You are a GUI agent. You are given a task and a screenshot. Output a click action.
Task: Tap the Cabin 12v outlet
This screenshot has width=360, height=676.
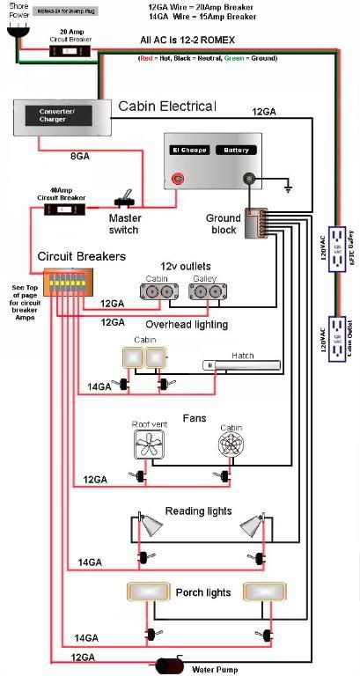(x=158, y=291)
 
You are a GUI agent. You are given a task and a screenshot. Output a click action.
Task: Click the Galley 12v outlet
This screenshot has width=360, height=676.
(x=205, y=291)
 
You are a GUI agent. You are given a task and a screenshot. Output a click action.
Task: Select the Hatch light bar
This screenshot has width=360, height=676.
(x=240, y=364)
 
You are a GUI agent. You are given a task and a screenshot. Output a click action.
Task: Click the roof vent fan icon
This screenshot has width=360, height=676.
(x=148, y=445)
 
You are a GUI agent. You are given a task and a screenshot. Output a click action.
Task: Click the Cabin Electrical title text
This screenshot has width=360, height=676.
(x=166, y=107)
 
